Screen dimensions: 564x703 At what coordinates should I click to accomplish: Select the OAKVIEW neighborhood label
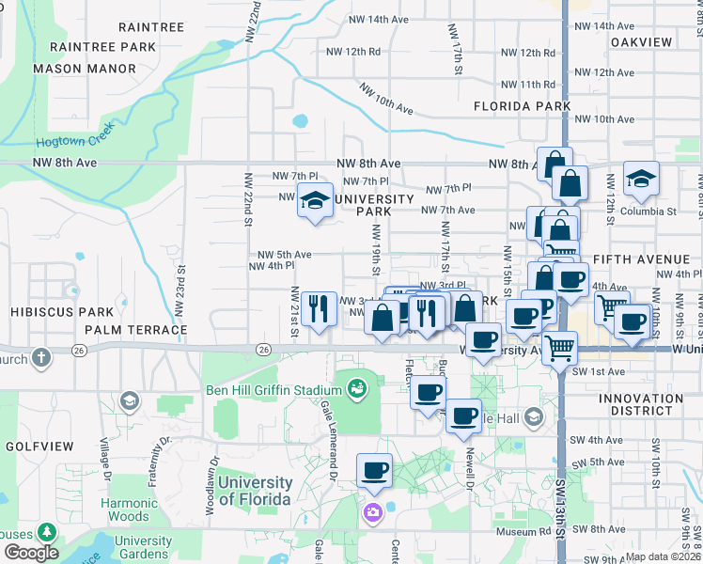(x=641, y=42)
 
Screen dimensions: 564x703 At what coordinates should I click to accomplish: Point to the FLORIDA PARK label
(x=522, y=106)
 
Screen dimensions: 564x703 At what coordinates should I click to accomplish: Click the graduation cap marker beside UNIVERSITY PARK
(x=316, y=200)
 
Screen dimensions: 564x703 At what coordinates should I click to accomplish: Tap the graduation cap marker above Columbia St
(x=641, y=180)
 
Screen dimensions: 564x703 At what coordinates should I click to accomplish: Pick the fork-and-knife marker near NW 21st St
(x=319, y=309)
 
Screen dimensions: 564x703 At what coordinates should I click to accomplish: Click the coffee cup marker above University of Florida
(x=374, y=471)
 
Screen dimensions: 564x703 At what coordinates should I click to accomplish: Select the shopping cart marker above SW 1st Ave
(x=560, y=349)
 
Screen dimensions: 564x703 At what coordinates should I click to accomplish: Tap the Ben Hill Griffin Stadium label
(x=273, y=391)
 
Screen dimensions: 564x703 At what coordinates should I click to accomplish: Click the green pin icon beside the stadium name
(x=357, y=387)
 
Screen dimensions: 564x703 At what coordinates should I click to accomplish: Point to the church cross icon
(x=40, y=357)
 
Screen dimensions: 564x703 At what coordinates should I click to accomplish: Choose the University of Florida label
(x=255, y=491)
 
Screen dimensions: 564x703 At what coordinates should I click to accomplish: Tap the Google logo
(x=30, y=553)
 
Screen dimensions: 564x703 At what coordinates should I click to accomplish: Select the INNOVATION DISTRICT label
(x=641, y=405)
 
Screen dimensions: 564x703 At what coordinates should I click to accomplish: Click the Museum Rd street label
(x=523, y=532)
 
